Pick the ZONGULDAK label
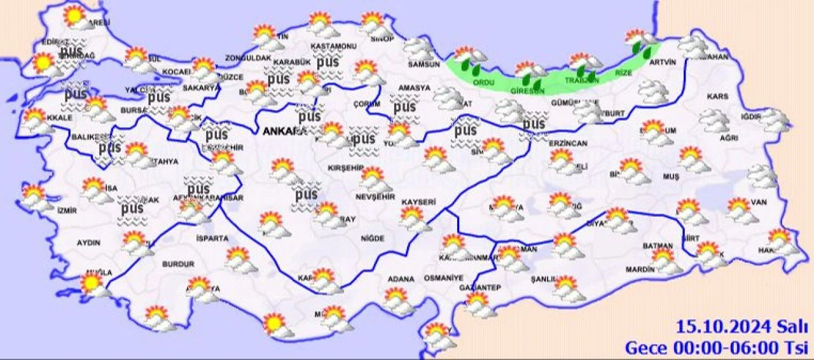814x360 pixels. pyautogui.click(x=248, y=59)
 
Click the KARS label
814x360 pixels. pyautogui.click(x=717, y=97)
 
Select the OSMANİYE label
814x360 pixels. pyautogui.click(x=441, y=279)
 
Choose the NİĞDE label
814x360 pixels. pyautogui.click(x=372, y=239)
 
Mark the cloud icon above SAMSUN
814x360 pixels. pyautogui.click(x=419, y=47)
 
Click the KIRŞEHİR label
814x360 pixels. pyautogui.click(x=345, y=167)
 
